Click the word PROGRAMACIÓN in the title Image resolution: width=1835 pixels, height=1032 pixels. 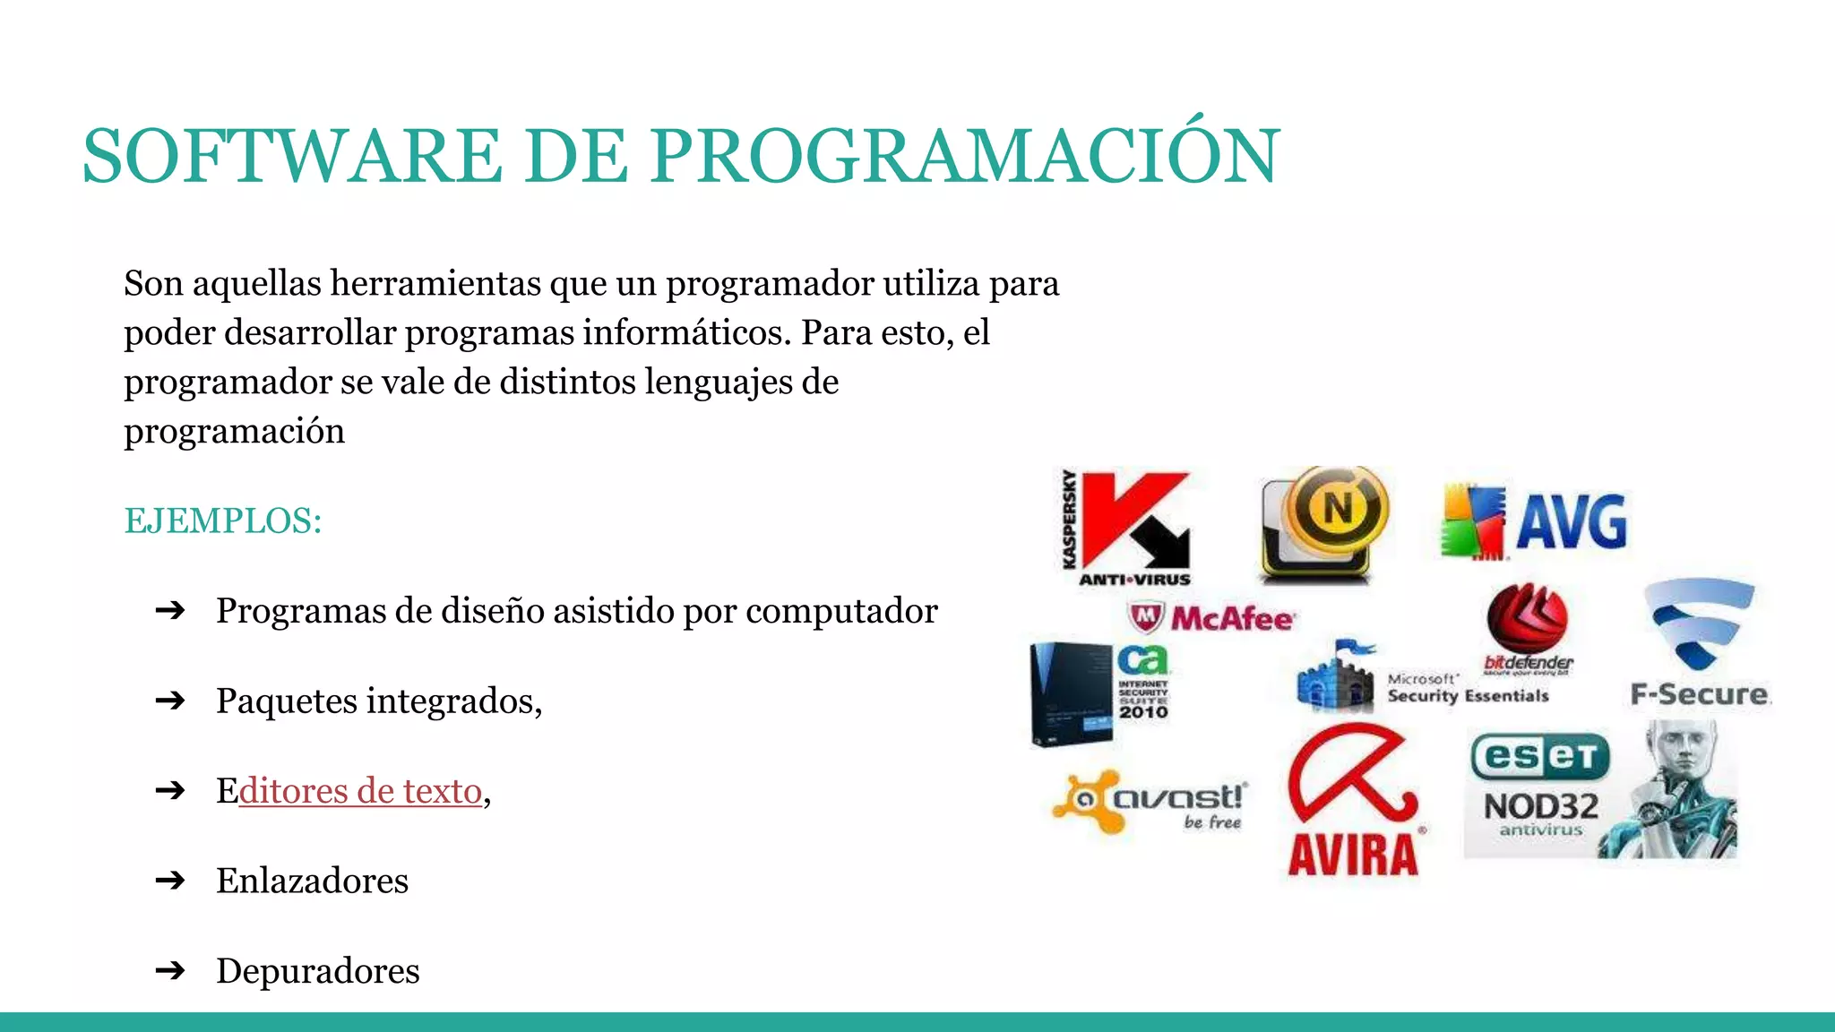coord(965,156)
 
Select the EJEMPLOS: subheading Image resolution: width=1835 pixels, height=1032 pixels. coord(223,520)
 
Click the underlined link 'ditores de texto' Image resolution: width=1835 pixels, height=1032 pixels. coord(360,791)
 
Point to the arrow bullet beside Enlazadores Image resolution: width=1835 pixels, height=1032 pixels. coord(169,881)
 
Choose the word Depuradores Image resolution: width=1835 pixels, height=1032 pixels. coord(318,971)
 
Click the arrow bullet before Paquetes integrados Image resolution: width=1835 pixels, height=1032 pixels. coord(169,701)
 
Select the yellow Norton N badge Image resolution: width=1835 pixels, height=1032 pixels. coord(1338,508)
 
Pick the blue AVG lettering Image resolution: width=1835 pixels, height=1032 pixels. coord(1572,522)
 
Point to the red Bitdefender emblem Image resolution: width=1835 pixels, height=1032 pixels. coord(1527,618)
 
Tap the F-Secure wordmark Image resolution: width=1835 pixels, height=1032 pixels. coord(1700,694)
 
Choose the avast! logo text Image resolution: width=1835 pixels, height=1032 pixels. coord(1178,796)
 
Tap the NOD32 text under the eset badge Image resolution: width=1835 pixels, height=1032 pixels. coord(1541,806)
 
